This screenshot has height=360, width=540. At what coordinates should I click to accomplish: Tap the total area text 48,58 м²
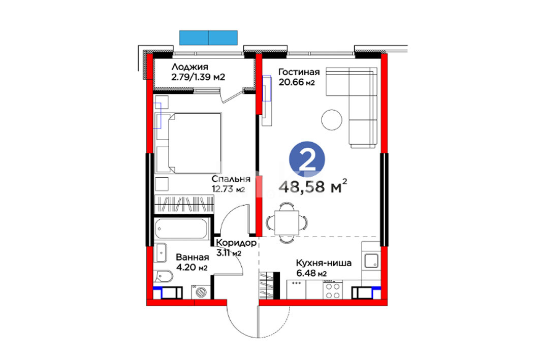click(x=313, y=187)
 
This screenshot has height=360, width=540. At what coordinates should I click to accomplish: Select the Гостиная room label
click(x=299, y=72)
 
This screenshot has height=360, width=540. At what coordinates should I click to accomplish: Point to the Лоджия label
click(x=190, y=67)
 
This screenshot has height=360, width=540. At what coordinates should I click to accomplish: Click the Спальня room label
click(x=231, y=179)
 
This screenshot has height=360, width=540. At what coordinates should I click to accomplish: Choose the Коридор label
click(x=236, y=243)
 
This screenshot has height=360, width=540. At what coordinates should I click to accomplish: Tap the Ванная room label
click(x=192, y=257)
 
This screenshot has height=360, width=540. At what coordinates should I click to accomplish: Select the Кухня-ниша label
click(x=324, y=264)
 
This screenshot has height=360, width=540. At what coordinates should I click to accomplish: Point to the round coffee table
click(x=332, y=120)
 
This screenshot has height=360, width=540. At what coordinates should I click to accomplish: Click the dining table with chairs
click(x=287, y=222)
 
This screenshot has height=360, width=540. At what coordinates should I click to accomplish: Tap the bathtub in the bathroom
click(x=181, y=229)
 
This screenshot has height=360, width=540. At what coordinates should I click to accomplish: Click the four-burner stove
click(x=332, y=290)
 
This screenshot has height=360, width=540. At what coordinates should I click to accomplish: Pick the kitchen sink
click(x=371, y=260)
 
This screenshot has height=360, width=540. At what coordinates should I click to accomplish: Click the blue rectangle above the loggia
click(x=208, y=38)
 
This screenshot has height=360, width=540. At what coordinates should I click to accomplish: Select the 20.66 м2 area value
click(x=297, y=83)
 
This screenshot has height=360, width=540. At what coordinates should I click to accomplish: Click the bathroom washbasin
click(x=161, y=253)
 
